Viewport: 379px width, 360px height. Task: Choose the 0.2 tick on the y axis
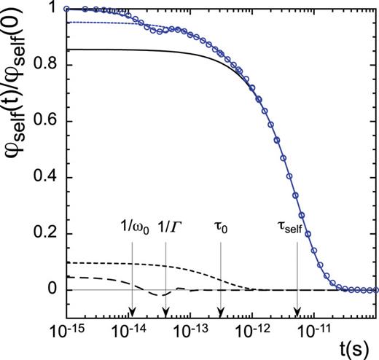coord(51,233)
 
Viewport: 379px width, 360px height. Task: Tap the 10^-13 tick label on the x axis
coord(190,334)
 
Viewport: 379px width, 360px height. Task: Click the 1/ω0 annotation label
coord(131,228)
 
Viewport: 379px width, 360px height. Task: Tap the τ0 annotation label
coord(220,228)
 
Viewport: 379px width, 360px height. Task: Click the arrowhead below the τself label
coord(297,313)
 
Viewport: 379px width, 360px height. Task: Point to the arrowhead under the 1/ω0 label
coord(130,313)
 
